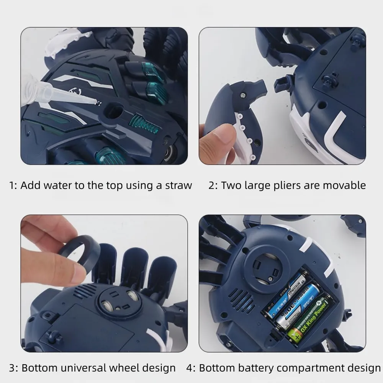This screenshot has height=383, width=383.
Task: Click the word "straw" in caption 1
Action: [x=178, y=185]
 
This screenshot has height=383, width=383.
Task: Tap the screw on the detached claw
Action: [x=242, y=95]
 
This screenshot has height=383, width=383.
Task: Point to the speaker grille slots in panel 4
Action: [x=241, y=300]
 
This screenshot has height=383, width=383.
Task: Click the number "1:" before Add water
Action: [x=13, y=186]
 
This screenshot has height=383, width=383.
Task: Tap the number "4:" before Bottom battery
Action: [x=191, y=368]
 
